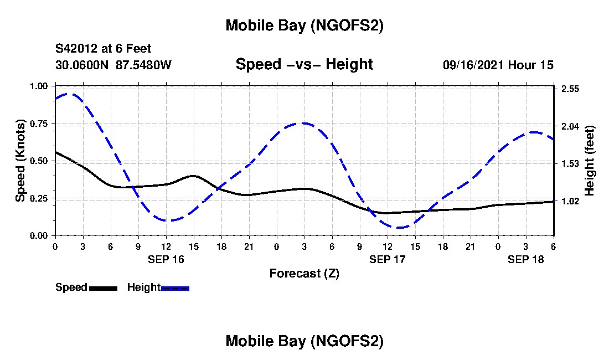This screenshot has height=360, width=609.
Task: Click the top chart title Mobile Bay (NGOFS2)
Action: (304, 25)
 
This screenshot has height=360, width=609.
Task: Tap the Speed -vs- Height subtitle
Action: (304, 64)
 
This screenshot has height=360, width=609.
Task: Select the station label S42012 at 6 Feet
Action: (104, 49)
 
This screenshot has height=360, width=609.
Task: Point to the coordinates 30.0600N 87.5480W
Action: (113, 65)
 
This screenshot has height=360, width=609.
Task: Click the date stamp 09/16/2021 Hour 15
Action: (498, 65)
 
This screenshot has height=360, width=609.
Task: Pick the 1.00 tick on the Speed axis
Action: (39, 86)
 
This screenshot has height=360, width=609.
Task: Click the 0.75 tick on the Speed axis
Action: (39, 124)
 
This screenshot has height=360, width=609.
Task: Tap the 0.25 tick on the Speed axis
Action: (39, 198)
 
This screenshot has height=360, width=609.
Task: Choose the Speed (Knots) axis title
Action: (20, 161)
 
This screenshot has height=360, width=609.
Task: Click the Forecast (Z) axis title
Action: (304, 273)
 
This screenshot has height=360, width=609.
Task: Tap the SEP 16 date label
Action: (166, 259)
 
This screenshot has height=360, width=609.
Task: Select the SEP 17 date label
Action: (388, 259)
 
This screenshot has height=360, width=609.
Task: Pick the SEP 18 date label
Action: (526, 259)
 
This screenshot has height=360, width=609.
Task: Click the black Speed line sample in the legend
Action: (103, 288)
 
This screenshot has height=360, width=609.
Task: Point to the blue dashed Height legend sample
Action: (175, 288)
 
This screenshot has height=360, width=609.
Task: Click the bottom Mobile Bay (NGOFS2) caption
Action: (304, 341)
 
